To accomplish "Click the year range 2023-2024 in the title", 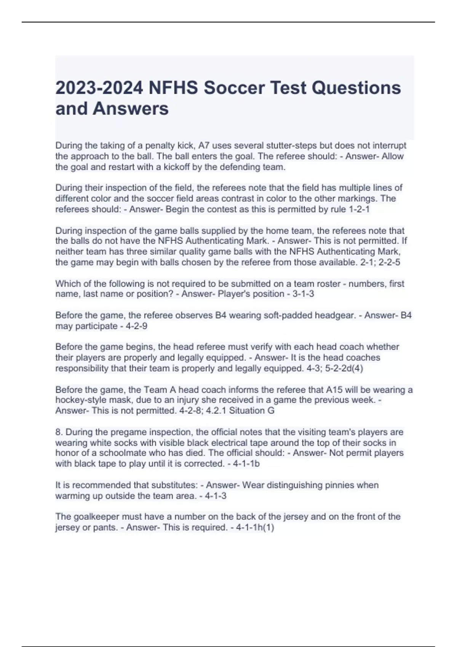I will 99,88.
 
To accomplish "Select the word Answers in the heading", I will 131,108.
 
